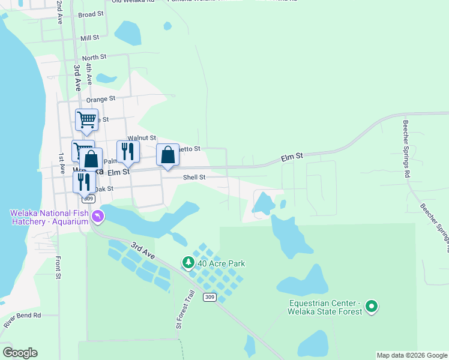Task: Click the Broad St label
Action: (x=91, y=14)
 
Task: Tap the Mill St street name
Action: (x=89, y=38)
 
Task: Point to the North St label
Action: (x=94, y=57)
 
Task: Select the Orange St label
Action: (x=100, y=99)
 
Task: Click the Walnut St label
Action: (x=142, y=138)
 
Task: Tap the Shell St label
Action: (x=194, y=177)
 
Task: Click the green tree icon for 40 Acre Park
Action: (x=188, y=263)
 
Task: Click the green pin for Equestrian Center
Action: (x=372, y=307)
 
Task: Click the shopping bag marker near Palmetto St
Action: (x=167, y=155)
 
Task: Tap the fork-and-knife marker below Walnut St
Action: (x=128, y=151)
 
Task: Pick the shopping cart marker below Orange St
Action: (x=86, y=119)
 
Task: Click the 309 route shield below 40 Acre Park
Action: (x=209, y=297)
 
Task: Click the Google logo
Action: (x=20, y=353)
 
